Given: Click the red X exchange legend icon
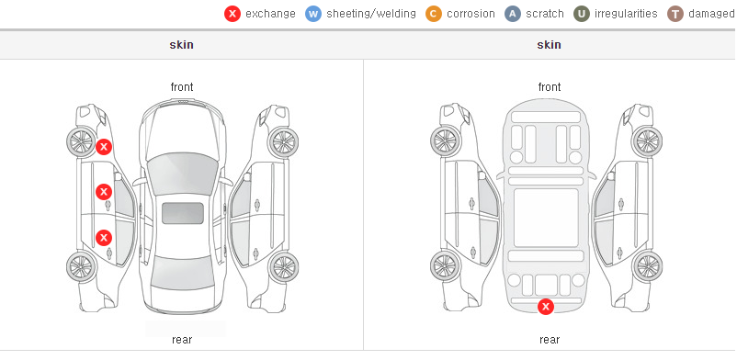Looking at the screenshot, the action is click(x=232, y=14).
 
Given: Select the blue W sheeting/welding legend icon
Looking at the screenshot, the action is click(x=313, y=14).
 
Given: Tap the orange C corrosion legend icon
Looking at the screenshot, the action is click(x=434, y=14).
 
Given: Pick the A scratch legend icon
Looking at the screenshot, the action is click(x=513, y=14).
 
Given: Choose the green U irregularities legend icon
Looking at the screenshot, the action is click(x=582, y=14).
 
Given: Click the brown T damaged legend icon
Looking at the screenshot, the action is click(x=675, y=14).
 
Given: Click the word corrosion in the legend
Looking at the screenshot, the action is click(x=471, y=14).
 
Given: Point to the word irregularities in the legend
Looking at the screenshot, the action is click(x=626, y=14).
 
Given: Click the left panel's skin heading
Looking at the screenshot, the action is click(x=181, y=45).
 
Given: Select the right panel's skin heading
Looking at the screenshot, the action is click(x=549, y=45).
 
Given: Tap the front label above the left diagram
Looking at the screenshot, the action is click(x=182, y=87).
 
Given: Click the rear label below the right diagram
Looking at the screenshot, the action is click(x=550, y=339).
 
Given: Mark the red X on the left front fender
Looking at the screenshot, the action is click(x=104, y=147).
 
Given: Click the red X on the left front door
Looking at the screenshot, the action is click(x=104, y=192).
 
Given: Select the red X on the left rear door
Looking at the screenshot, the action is click(x=104, y=238).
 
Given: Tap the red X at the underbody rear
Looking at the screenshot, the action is click(x=546, y=307).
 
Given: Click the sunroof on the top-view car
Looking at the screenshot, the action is click(x=183, y=213).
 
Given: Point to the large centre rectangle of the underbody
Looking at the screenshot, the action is click(x=546, y=218).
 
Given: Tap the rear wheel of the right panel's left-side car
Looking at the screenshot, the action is click(x=445, y=266).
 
